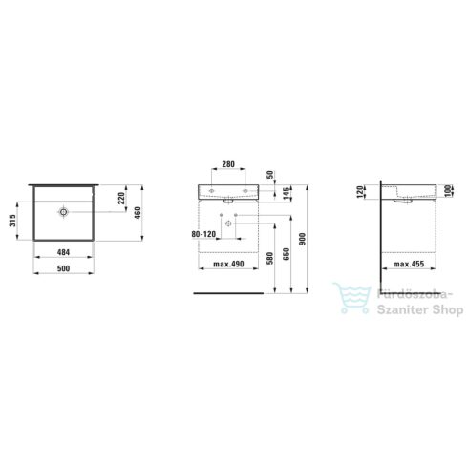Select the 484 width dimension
tap(64, 251)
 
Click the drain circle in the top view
tap(64, 211)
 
